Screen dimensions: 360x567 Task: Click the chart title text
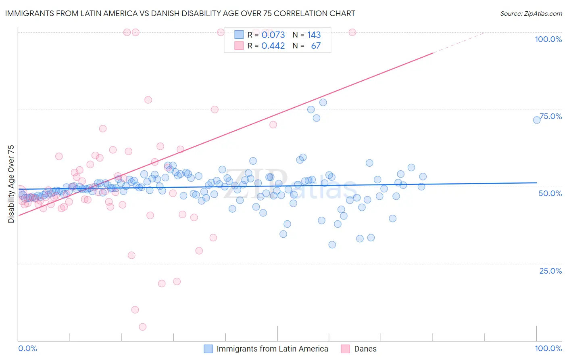(179, 13)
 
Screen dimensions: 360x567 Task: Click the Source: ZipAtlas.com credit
(531, 13)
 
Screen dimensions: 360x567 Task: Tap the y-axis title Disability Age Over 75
(11, 184)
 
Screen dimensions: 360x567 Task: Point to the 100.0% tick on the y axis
(548, 39)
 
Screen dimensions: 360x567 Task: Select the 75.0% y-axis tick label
(550, 116)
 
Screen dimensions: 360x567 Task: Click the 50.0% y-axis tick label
(550, 193)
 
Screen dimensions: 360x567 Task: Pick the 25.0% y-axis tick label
(550, 270)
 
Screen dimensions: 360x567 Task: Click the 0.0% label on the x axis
(27, 348)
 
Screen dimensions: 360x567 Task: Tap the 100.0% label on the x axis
(548, 348)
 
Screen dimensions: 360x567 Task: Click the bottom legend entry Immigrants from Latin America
(272, 349)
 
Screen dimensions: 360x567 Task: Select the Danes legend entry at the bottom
(365, 349)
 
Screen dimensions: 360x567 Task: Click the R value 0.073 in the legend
(273, 35)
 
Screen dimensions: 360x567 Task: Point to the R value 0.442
(273, 46)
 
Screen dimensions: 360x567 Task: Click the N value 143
(314, 35)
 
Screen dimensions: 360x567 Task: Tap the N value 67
(316, 46)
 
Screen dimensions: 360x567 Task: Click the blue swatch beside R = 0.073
(239, 35)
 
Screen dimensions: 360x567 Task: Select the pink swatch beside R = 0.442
(239, 46)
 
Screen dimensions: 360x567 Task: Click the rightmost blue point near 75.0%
(537, 120)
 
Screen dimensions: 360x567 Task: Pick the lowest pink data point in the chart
(142, 327)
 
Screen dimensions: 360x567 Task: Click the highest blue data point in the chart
(323, 103)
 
